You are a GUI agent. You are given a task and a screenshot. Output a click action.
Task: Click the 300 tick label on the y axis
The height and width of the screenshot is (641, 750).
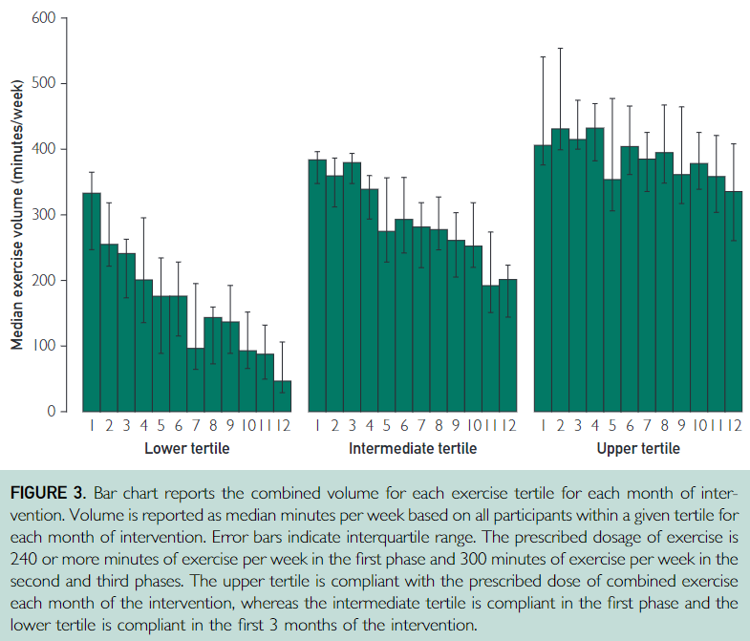pyautogui.click(x=42, y=215)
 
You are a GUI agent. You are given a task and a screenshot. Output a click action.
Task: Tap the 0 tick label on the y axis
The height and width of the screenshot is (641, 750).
pyautogui.click(x=53, y=412)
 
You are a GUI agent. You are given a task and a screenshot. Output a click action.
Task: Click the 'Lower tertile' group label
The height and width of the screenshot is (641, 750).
pyautogui.click(x=186, y=448)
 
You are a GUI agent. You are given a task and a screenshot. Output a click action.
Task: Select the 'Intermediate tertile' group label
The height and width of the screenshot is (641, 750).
pyautogui.click(x=412, y=448)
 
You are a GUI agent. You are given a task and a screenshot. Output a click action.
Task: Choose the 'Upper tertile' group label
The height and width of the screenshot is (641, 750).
pyautogui.click(x=638, y=448)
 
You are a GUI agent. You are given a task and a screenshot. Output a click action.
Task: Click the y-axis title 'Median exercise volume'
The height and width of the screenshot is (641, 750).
pyautogui.click(x=16, y=214)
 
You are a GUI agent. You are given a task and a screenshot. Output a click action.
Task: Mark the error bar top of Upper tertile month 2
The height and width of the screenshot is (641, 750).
pyautogui.click(x=560, y=48)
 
